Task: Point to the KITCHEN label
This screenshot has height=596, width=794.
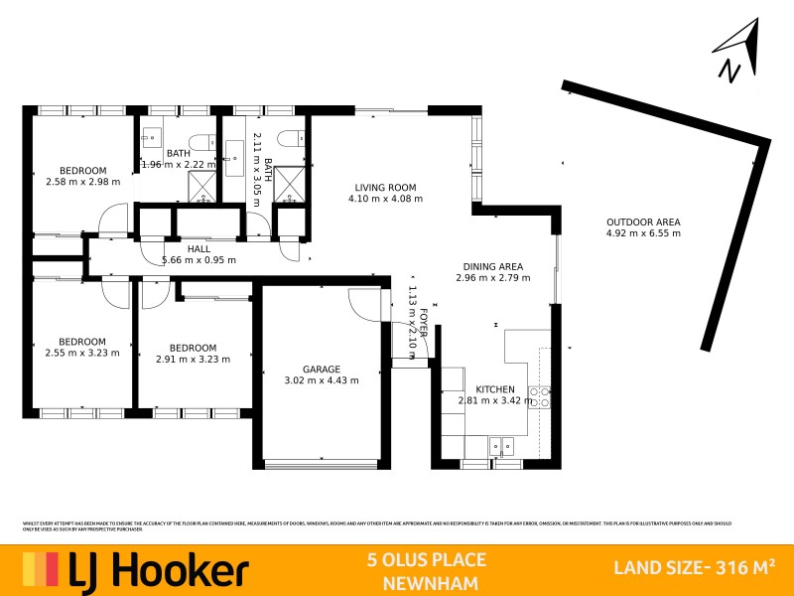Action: coord(494,389)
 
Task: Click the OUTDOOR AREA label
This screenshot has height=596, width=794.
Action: coord(643,223)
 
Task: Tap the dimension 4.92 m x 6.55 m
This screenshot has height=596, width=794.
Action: coord(643,234)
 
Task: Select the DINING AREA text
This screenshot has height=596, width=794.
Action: coord(493,266)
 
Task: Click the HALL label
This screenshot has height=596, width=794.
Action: coord(198,249)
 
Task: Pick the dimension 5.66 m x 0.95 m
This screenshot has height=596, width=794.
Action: coord(198,260)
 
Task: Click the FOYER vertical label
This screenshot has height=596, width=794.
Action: coord(424,324)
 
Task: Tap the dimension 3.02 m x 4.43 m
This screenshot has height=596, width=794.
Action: coord(322,379)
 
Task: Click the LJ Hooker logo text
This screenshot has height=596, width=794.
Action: coord(159,571)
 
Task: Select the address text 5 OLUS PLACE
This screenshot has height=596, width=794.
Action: coord(425,561)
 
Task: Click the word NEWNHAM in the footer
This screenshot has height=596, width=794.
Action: coord(425,583)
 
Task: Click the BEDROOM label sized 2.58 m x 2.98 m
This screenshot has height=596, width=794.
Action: coord(82,170)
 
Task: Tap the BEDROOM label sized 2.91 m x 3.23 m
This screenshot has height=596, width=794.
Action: coord(193,348)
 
